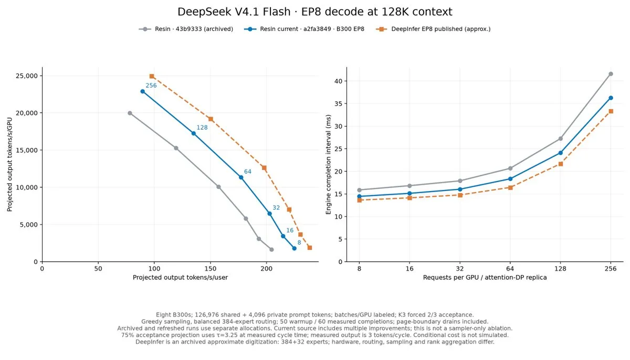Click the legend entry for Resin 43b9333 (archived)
click(x=186, y=29)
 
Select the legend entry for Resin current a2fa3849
click(x=304, y=29)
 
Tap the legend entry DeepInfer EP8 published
click(x=433, y=29)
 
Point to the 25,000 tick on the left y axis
click(x=27, y=76)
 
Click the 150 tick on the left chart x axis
click(x=211, y=269)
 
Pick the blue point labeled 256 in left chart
click(x=143, y=91)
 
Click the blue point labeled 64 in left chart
click(x=241, y=177)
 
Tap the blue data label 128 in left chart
click(x=202, y=128)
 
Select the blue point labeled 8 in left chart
click(x=294, y=248)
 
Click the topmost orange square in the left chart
click(x=152, y=76)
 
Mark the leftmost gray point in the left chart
click(x=130, y=113)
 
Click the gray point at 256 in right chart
click(x=611, y=74)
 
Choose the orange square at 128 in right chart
click(x=561, y=164)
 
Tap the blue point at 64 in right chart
click(x=510, y=179)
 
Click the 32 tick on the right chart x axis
click(x=460, y=269)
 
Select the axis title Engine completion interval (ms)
click(x=328, y=164)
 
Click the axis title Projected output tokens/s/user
click(x=180, y=278)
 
